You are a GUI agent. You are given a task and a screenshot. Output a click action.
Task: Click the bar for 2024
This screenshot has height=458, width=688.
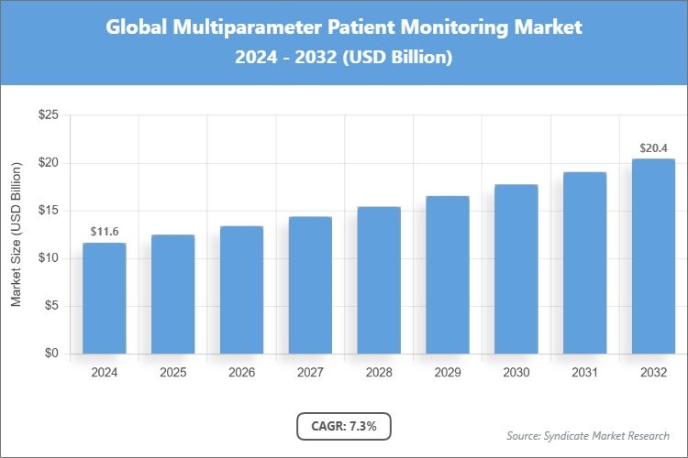(x=104, y=298)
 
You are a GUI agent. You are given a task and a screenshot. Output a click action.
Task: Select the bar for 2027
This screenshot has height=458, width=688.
(x=310, y=285)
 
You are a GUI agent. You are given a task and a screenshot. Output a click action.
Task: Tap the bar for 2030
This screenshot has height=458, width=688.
(x=516, y=268)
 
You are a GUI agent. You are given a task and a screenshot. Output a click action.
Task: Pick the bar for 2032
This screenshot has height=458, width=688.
(x=653, y=256)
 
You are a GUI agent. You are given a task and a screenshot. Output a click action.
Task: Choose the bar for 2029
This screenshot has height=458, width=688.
(x=448, y=275)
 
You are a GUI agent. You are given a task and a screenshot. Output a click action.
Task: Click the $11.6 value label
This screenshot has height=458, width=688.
(x=104, y=232)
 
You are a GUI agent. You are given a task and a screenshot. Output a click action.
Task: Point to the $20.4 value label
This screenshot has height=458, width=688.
(x=653, y=147)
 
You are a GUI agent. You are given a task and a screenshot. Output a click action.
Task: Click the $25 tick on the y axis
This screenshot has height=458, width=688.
(x=48, y=115)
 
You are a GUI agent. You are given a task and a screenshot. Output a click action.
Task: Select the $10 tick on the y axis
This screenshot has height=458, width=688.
(x=48, y=258)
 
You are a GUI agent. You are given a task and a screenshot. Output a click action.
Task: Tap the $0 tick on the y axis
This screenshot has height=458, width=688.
(x=51, y=354)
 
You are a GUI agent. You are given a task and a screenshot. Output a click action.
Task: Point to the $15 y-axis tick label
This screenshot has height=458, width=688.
(x=48, y=211)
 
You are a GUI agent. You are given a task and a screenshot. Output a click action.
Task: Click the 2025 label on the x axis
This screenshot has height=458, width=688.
(x=172, y=373)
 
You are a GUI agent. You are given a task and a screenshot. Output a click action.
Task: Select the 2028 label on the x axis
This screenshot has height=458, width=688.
(x=379, y=373)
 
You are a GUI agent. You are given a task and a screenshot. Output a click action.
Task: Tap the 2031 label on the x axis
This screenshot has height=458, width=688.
(x=584, y=373)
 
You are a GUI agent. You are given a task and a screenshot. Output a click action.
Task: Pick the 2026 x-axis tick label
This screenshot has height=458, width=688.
(x=241, y=373)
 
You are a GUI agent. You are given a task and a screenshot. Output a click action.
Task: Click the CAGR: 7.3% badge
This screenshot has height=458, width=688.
(x=344, y=426)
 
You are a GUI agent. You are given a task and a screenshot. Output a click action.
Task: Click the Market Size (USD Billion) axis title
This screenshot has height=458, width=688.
(x=16, y=234)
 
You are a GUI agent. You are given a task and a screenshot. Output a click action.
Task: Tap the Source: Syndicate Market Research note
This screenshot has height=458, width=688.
(x=588, y=435)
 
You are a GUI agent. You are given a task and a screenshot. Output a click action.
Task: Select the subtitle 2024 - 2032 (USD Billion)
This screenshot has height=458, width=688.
(x=344, y=58)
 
